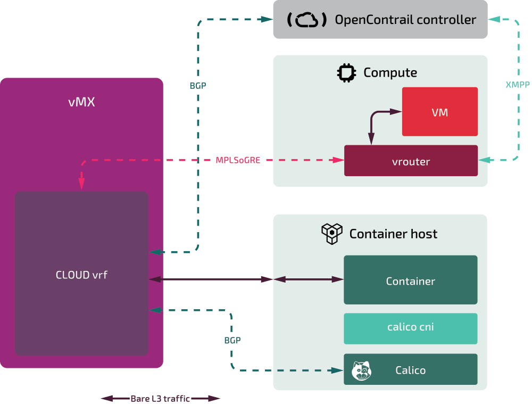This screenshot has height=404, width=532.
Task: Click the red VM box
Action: (439, 112)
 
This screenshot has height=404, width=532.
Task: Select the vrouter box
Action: (411, 161)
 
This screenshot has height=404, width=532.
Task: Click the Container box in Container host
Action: (410, 280)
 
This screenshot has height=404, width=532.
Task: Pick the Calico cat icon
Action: (362, 370)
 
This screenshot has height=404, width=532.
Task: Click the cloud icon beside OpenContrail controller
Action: (306, 20)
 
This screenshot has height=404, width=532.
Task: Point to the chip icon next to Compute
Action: (346, 72)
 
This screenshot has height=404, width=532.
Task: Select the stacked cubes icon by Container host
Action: (331, 234)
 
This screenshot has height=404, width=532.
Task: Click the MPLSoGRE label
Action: (238, 160)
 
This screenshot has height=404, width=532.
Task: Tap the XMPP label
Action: (517, 85)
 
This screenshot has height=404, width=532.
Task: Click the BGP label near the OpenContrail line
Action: (198, 85)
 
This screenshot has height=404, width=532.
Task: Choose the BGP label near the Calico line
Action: (232, 340)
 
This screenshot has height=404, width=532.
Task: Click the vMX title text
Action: (81, 102)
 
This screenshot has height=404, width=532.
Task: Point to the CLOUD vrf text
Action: (81, 275)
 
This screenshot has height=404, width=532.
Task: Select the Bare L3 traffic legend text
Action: (160, 399)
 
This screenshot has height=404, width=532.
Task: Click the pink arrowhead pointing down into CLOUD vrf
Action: (81, 184)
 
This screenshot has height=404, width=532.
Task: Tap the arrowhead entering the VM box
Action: (397, 112)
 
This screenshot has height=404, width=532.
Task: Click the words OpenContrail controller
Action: (405, 20)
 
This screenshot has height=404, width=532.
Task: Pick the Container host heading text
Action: (393, 234)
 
